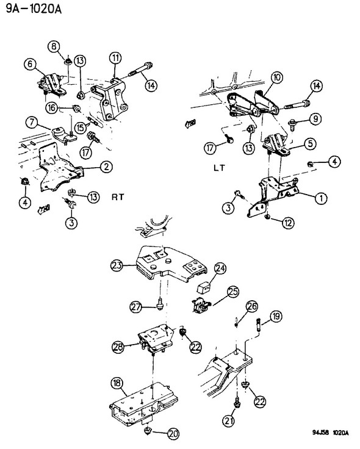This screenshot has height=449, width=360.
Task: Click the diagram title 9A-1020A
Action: tap(34, 9)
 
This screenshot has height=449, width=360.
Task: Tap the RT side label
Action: tap(118, 197)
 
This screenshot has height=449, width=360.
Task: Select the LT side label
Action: tap(220, 168)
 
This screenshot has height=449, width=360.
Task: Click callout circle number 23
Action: tap(117, 265)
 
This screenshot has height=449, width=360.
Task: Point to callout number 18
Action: tap(117, 383)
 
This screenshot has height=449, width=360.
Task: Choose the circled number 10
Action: tap(276, 77)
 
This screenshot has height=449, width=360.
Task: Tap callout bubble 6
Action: tap(30, 64)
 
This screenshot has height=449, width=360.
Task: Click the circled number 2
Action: tap(106, 167)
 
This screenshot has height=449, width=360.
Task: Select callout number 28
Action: tap(118, 347)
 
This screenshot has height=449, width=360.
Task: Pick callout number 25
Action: tap(233, 292)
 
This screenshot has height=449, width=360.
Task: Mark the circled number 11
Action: tap(115, 58)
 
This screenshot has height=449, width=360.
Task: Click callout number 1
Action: tap(321, 198)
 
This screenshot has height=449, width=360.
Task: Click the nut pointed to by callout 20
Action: tap(148, 430)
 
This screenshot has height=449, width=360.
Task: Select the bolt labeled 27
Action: tap(159, 304)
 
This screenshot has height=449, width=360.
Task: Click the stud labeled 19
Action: tap(257, 326)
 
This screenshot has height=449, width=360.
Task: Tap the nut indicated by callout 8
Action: tap(68, 61)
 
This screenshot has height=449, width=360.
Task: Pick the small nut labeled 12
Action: tap(267, 217)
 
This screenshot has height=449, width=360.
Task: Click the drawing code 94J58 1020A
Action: tap(330, 433)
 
